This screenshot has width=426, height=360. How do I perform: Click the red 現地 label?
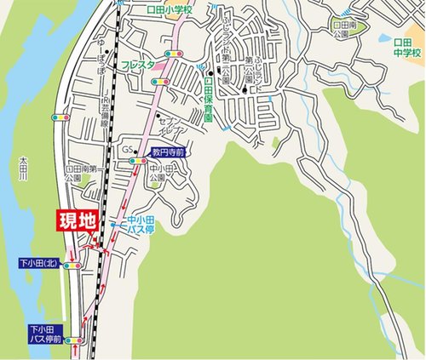point(77,222)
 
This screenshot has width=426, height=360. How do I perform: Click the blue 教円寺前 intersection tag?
point(168,153)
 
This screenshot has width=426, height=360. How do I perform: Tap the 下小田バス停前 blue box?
point(45,333)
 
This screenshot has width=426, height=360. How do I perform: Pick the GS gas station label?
point(127,151)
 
